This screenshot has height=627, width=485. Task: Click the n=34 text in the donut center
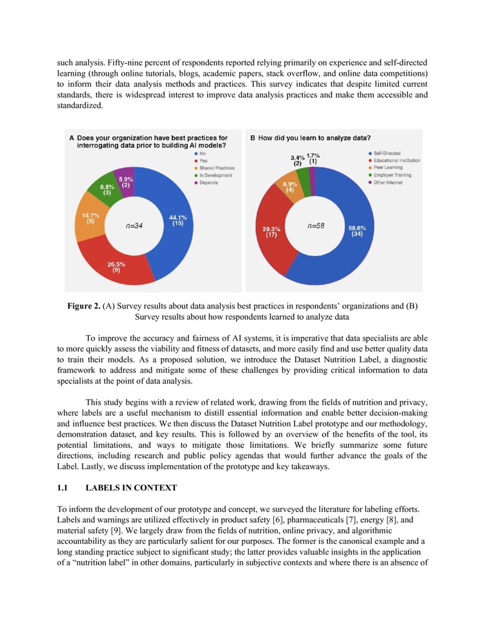134,226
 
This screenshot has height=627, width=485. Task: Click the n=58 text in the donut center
316,226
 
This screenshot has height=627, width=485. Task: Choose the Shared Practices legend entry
216,168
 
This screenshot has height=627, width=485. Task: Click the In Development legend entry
215,176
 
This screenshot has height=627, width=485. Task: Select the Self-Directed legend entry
386,153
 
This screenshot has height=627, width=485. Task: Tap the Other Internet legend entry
387,182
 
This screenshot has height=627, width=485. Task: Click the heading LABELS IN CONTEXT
131,488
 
